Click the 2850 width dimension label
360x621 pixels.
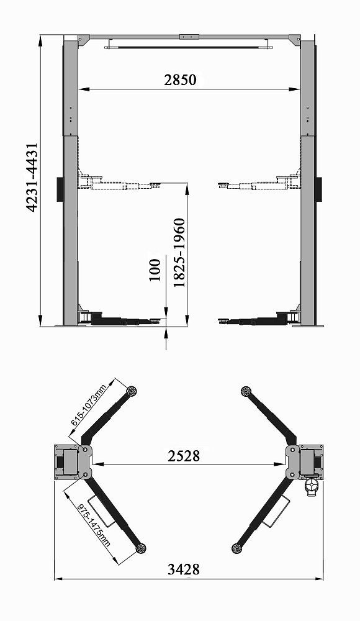(180, 80)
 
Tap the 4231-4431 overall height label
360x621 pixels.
(32, 178)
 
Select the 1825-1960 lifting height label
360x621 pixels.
(179, 253)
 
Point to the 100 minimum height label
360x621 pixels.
(155, 270)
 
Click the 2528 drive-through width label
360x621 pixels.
(184, 455)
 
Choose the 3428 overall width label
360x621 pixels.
(183, 569)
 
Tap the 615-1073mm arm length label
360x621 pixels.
(89, 405)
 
